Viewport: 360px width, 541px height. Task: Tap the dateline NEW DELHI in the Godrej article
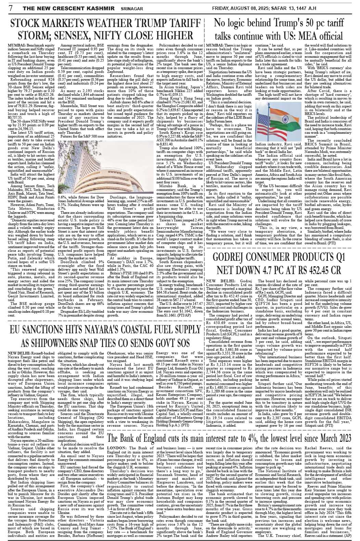(x=217, y=281)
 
